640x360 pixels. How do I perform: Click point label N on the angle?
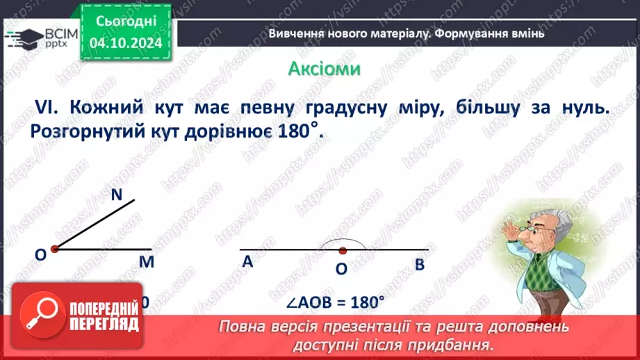(x=117, y=196)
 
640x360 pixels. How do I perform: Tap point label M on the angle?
(x=146, y=262)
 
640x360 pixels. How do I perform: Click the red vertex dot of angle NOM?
(x=54, y=248)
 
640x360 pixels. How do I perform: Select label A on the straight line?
(x=247, y=262)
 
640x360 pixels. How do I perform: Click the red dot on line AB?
(x=342, y=249)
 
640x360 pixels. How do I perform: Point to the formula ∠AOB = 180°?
(x=336, y=303)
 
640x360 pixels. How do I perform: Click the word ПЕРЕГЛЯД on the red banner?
(x=105, y=324)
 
